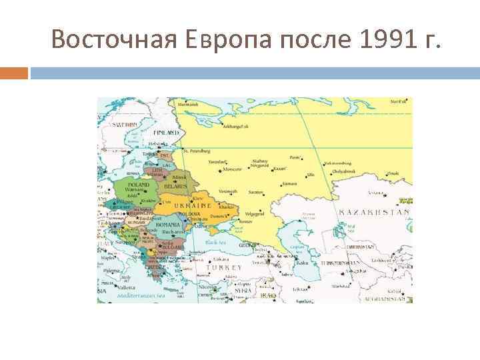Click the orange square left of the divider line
point(14,72)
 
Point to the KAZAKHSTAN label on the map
point(374,212)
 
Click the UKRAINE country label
point(193,207)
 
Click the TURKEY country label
point(224,267)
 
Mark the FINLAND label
point(167,133)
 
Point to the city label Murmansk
point(187,105)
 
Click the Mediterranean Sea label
point(139,294)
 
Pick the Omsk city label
point(393,173)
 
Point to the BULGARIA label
point(175,247)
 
